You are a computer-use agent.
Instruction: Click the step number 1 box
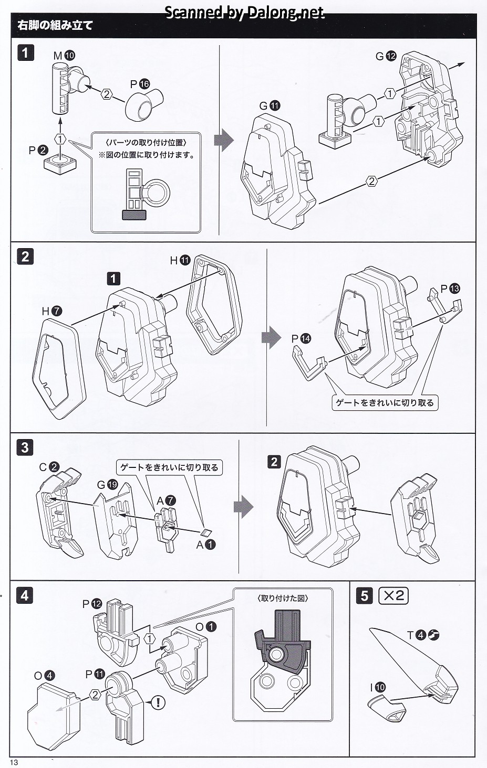(x=25, y=54)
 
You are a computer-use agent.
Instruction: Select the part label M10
(x=64, y=55)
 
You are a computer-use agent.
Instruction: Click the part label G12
(x=386, y=56)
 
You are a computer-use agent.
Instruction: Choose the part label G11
(x=270, y=106)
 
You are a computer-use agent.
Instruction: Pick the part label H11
(x=180, y=260)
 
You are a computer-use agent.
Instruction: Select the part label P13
(x=450, y=288)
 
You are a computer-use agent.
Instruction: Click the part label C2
(x=49, y=466)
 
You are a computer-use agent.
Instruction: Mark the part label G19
(x=107, y=484)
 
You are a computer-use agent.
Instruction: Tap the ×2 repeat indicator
(x=393, y=595)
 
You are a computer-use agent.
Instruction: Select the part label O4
(x=44, y=676)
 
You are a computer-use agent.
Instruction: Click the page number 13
(x=14, y=763)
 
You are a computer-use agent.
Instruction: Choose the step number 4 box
(x=25, y=596)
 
